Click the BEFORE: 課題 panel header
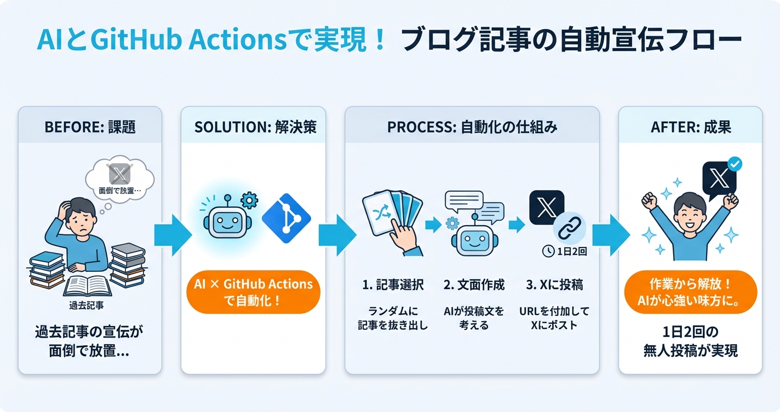(90, 127)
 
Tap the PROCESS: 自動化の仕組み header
(472, 127)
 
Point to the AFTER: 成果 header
(690, 127)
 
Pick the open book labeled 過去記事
(88, 285)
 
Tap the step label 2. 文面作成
(474, 285)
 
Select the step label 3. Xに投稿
(554, 285)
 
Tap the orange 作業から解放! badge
(690, 291)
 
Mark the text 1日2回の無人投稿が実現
(690, 341)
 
